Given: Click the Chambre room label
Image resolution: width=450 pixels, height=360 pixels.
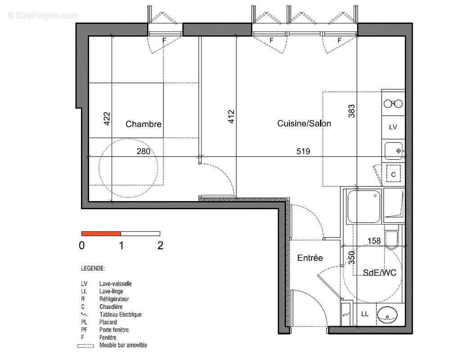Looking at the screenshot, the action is point(144,124).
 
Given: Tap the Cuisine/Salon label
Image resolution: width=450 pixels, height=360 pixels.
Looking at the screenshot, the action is point(304,123).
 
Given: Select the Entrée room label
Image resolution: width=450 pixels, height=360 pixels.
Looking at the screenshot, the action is point(310,258).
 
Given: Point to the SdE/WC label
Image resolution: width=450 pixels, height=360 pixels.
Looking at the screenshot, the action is point(379,272).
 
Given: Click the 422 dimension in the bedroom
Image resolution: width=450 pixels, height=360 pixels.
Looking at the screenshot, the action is point(107,118).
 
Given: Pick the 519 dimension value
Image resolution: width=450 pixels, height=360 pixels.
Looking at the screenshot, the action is point(303,151).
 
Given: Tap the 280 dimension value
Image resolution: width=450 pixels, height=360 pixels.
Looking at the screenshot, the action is point(144,151).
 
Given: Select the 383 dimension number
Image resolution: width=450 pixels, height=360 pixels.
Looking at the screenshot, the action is point(351,111).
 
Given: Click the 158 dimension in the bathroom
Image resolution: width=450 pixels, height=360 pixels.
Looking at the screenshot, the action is point(374,241).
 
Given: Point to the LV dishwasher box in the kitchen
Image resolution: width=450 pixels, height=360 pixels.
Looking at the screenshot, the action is point(393,127).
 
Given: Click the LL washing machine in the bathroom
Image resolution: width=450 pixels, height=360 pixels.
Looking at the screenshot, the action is point(364,314).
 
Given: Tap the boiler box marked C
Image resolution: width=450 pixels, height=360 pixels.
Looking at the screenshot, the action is point(393,174).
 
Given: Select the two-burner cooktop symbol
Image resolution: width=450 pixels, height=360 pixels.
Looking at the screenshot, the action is point(393,103).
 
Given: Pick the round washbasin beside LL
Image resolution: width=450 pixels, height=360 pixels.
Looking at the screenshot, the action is point(387,315).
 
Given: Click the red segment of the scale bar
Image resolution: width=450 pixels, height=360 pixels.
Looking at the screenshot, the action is point(101,234).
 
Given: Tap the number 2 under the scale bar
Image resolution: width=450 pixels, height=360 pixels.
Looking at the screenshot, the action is point(161,245).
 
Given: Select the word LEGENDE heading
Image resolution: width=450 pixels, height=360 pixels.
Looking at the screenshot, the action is point(93,268).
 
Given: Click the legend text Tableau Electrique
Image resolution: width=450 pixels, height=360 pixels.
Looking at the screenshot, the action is point(121,315).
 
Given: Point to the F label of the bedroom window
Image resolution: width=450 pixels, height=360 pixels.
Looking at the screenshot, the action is point(164,40).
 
